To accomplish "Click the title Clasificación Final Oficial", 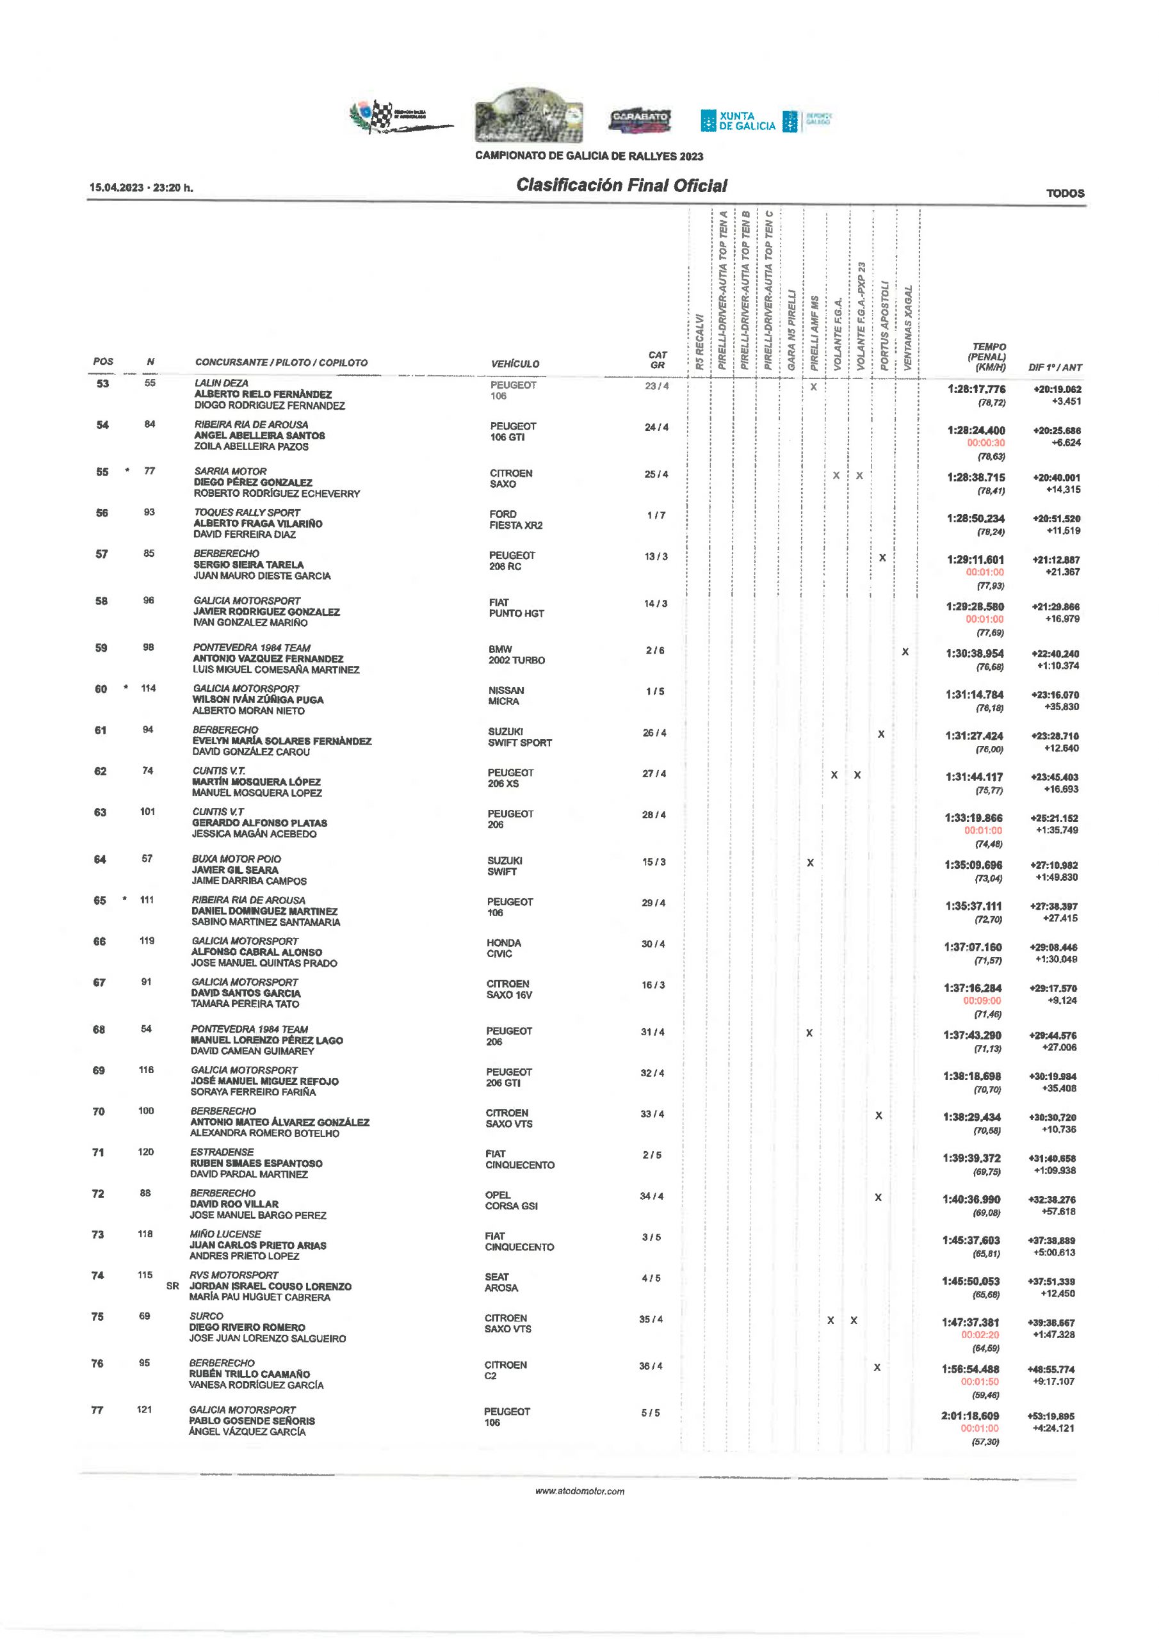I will pyautogui.click(x=621, y=186).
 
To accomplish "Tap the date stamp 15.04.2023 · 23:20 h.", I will pyautogui.click(x=142, y=188).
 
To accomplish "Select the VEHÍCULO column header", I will pyautogui.click(x=515, y=364).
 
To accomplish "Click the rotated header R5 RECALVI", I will pyautogui.click(x=700, y=342).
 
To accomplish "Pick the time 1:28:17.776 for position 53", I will pyautogui.click(x=977, y=389).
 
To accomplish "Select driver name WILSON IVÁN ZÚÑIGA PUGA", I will pyautogui.click(x=258, y=700).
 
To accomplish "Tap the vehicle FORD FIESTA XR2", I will pyautogui.click(x=515, y=520).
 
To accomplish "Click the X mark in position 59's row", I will pyautogui.click(x=905, y=652).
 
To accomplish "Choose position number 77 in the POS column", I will pyautogui.click(x=97, y=1410).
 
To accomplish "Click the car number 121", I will pyautogui.click(x=144, y=1409).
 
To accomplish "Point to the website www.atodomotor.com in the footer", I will pyautogui.click(x=579, y=1491).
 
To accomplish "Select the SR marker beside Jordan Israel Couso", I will pyautogui.click(x=172, y=1286).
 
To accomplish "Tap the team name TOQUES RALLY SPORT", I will pyautogui.click(x=247, y=513).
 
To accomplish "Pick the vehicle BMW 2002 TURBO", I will pyautogui.click(x=516, y=654).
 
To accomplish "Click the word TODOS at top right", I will pyautogui.click(x=1065, y=193).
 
